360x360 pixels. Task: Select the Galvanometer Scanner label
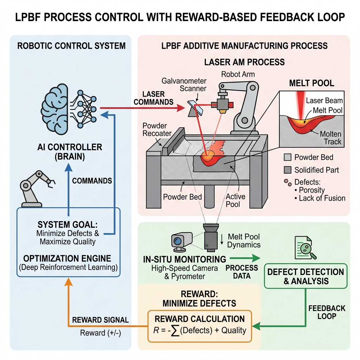(x=184, y=84)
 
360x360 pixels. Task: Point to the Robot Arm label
(x=238, y=74)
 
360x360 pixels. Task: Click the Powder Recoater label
(x=157, y=129)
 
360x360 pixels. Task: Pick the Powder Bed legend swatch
(x=288, y=157)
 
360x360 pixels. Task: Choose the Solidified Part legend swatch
(x=288, y=170)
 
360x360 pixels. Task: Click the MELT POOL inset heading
(x=311, y=83)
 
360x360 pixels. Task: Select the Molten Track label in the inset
(x=330, y=138)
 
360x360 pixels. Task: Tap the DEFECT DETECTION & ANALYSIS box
(x=306, y=276)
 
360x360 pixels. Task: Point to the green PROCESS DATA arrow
(x=245, y=258)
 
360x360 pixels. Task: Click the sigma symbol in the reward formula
(x=175, y=330)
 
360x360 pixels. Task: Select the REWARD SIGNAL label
(x=100, y=320)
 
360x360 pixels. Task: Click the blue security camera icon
(x=181, y=242)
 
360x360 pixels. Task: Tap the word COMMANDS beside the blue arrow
(x=92, y=181)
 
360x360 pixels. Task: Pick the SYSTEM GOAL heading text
(x=67, y=224)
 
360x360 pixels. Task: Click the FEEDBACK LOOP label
(x=327, y=312)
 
